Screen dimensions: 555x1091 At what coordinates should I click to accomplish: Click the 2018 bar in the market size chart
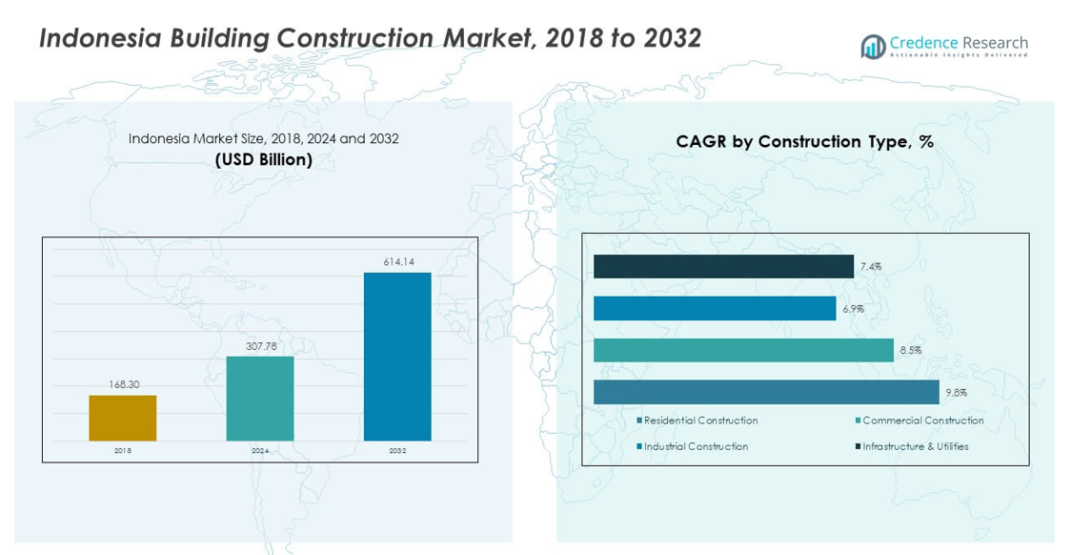123,418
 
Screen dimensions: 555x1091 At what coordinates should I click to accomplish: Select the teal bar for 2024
260,398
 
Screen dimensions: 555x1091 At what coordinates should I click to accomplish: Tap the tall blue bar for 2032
397,357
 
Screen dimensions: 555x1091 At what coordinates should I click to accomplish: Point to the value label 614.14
398,261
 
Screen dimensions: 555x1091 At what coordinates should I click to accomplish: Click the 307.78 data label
261,346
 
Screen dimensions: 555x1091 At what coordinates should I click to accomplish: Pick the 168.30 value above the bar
123,384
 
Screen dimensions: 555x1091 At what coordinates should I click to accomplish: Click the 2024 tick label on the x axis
260,450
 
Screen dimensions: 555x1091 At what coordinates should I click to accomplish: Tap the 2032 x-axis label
397,450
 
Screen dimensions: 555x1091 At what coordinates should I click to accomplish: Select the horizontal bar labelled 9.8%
766,392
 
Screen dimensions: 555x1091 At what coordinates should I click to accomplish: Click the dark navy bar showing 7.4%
723,267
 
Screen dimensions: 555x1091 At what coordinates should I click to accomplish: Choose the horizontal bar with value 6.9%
715,308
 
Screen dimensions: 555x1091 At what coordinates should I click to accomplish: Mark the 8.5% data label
910,351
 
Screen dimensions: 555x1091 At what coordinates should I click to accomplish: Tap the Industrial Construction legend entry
696,446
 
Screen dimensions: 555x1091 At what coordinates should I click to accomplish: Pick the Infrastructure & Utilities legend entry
915,446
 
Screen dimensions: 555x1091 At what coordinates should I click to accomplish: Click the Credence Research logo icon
872,47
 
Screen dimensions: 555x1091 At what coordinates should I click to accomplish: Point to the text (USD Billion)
264,159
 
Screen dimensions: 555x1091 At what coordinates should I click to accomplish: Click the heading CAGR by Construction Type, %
804,141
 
